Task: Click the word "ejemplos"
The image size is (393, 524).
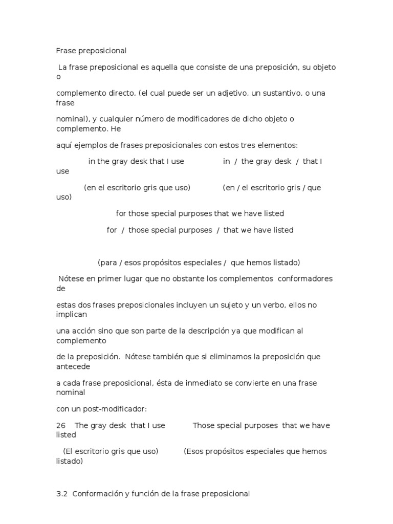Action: [x=88, y=145]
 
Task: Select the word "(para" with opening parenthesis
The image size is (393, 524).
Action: [x=107, y=263]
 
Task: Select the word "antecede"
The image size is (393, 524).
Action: [x=73, y=366]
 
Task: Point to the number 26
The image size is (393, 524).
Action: [x=61, y=425]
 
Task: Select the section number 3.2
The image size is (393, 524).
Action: [x=62, y=494]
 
